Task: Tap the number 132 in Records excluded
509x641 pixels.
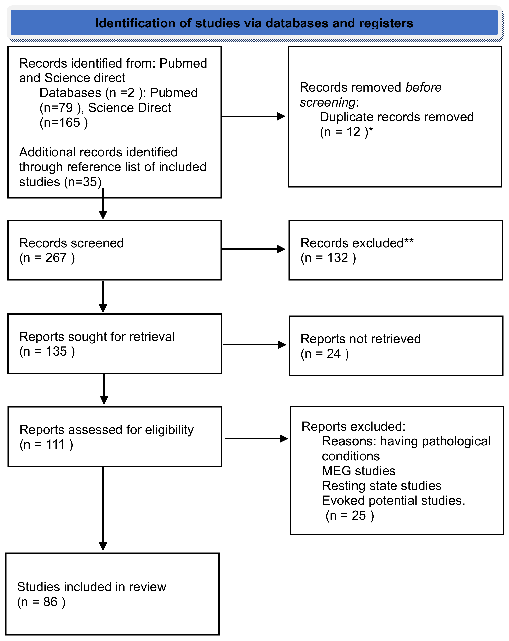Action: (338, 258)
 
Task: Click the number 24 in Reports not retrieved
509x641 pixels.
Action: (333, 354)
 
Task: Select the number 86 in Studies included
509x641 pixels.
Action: (50, 602)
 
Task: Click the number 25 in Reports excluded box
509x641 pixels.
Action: (359, 516)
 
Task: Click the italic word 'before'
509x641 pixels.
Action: (423, 87)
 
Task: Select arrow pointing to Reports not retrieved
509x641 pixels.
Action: (254, 345)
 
